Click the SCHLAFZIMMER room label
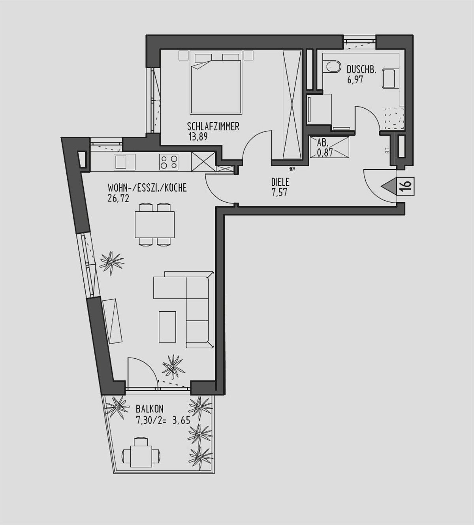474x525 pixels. [213, 126]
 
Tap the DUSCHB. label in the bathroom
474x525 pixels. [361, 70]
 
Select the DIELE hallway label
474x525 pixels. [280, 182]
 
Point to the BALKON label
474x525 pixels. [150, 408]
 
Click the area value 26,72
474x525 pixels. [118, 199]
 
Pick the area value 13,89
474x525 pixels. [198, 137]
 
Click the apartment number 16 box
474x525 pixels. [406, 186]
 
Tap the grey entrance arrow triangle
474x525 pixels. [389, 186]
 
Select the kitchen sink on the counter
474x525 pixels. [124, 162]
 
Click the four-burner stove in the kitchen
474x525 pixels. [169, 162]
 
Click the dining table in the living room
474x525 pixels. [155, 224]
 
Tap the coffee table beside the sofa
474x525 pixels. [167, 327]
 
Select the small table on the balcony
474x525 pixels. [141, 463]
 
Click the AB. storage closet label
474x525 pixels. [321, 143]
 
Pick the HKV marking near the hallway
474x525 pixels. [292, 169]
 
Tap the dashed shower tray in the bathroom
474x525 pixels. [395, 118]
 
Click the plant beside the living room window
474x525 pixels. [112, 263]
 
